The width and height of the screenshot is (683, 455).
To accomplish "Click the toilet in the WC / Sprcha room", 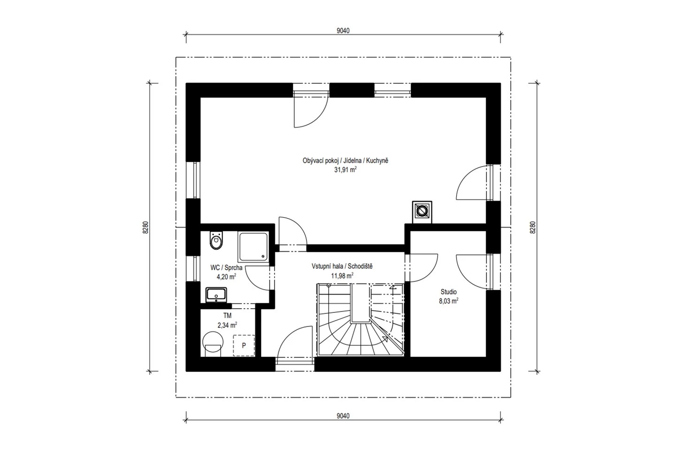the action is pos(216,241).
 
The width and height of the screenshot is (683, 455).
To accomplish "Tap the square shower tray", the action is pos(253,247).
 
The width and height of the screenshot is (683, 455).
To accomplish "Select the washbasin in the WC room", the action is pos(216,295).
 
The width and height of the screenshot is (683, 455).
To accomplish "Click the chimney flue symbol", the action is pos(422,211).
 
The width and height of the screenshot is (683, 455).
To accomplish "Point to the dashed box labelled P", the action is pos(244,345).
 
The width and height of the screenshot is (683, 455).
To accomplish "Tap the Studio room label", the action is pos(448,292).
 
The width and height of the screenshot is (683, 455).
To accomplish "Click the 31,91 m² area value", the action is pos(345,170).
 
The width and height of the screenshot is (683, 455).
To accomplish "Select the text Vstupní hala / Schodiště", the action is pos(342,266).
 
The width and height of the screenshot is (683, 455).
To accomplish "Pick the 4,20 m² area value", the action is pos(226,276).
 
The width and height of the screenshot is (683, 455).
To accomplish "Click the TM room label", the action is pos(227,316).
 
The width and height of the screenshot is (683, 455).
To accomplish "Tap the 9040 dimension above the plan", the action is pos(343,31).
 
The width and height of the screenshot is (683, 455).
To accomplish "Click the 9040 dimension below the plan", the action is pos(343,416).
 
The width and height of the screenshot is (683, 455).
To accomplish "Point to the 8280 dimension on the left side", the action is pos(146,227).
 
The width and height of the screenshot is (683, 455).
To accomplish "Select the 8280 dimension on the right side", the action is pos(532,227).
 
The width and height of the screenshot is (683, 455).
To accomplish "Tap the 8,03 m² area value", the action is pos(448,301).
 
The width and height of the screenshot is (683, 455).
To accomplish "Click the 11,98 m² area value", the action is pos(342,275).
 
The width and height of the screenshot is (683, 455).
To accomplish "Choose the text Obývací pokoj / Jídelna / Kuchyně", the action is pos(345,160).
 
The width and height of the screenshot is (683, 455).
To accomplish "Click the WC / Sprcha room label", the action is pos(227,267).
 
